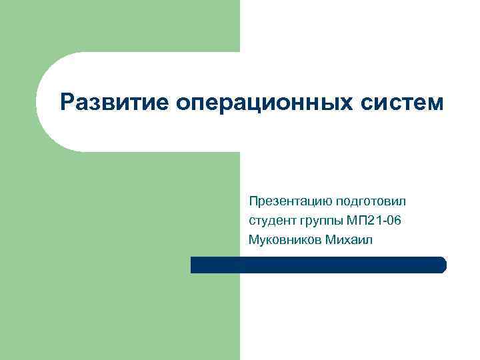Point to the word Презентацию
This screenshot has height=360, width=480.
(x=291, y=201)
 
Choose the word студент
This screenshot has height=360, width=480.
(x=269, y=221)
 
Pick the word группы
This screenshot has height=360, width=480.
(x=319, y=221)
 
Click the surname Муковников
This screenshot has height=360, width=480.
(x=285, y=239)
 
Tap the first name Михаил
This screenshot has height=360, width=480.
(x=350, y=239)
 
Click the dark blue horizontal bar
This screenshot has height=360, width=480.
(x=318, y=265)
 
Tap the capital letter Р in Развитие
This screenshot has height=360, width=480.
(x=66, y=103)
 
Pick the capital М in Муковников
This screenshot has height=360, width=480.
(x=253, y=239)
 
